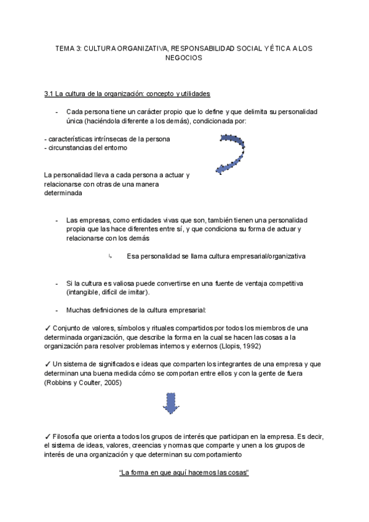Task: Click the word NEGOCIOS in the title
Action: pyautogui.click(x=184, y=57)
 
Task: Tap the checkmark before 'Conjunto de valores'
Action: pyautogui.click(x=48, y=327)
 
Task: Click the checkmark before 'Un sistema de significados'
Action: pyautogui.click(x=48, y=365)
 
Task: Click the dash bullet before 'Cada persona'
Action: pyautogui.click(x=57, y=113)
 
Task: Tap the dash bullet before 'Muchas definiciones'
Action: pyautogui.click(x=57, y=310)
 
